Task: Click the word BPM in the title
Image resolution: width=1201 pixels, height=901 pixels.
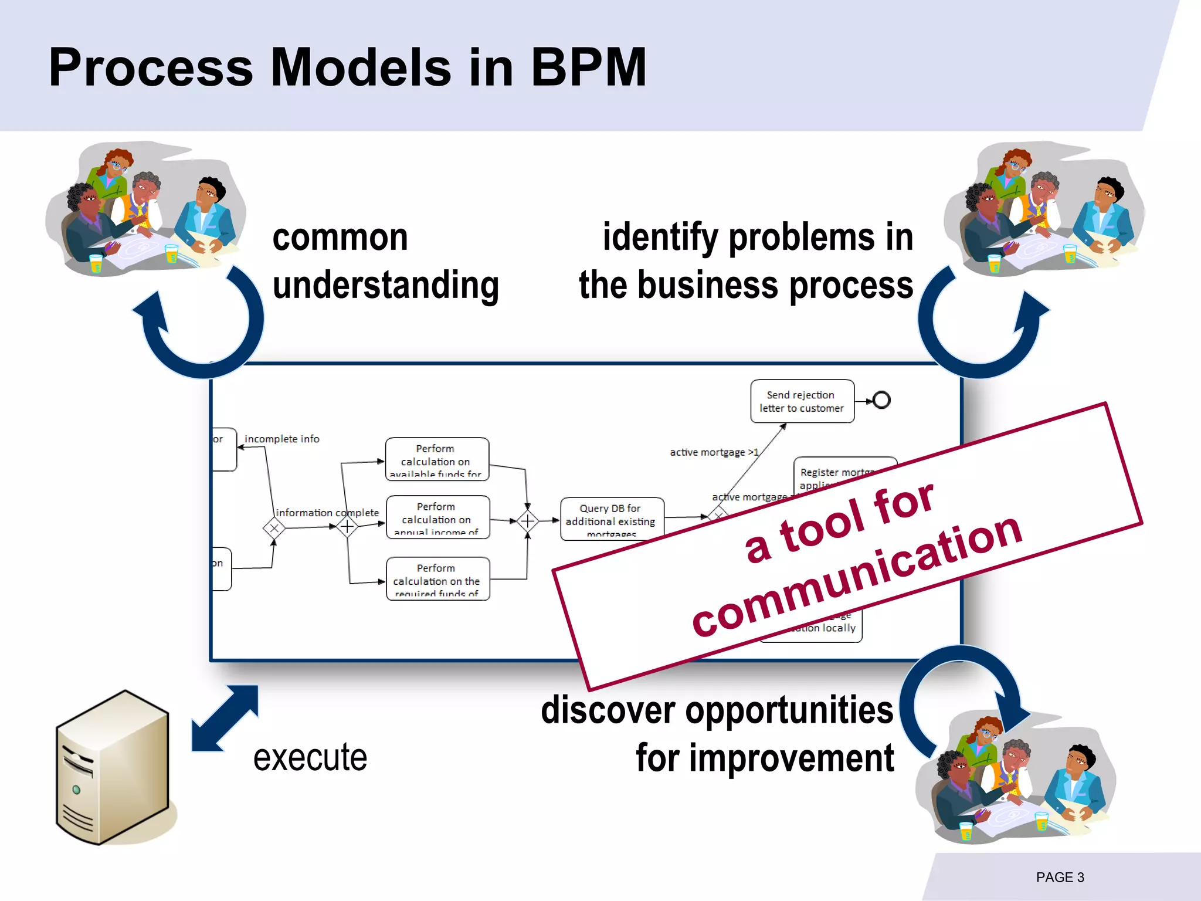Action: [588, 67]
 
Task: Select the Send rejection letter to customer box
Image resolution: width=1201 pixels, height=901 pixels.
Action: [802, 401]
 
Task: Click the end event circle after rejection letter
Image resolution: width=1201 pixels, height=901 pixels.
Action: [881, 400]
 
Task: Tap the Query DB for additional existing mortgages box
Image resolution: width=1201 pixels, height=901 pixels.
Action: [612, 519]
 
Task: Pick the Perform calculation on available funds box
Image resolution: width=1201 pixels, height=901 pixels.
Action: [437, 459]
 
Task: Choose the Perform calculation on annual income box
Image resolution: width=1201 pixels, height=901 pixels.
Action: [437, 517]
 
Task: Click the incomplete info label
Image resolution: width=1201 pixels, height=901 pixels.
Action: [281, 439]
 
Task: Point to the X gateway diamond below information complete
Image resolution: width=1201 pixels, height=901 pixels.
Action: [274, 528]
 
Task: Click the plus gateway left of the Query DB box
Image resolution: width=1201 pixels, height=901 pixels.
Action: [528, 521]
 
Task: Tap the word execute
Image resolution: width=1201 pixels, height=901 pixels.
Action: [310, 757]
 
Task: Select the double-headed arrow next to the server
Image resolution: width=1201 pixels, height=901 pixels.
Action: [225, 718]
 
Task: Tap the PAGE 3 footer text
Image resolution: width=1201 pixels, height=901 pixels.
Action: [1060, 877]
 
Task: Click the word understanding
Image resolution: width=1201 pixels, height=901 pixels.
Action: [385, 285]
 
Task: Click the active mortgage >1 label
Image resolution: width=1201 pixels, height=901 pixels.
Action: [714, 452]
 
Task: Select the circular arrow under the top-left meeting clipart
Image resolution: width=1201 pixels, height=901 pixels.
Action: [199, 328]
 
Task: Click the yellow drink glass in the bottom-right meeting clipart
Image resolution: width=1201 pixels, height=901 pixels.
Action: [1041, 821]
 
